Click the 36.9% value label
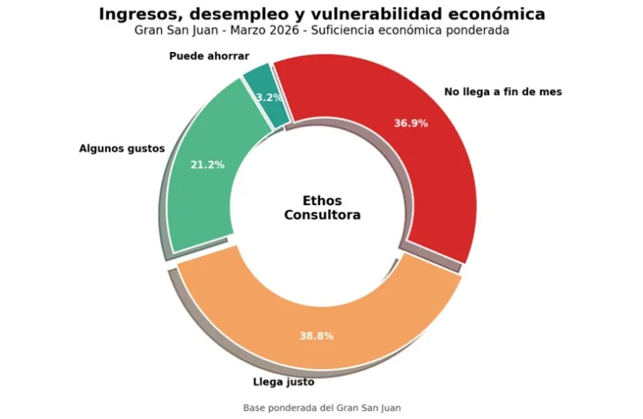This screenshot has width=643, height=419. pyautogui.click(x=410, y=124)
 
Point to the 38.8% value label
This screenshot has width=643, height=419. pyautogui.click(x=316, y=336)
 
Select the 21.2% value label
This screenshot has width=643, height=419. pyautogui.click(x=208, y=164)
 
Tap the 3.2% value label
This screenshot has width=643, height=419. pyautogui.click(x=269, y=98)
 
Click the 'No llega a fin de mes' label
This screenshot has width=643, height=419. pyautogui.click(x=502, y=92)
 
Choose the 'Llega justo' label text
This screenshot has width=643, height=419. pyautogui.click(x=283, y=382)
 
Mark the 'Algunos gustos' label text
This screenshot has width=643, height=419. pyautogui.click(x=122, y=149)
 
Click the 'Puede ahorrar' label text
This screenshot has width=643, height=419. pyautogui.click(x=209, y=56)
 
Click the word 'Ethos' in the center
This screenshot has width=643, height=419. pyautogui.click(x=322, y=200)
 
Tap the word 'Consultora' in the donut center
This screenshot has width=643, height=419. pyautogui.click(x=322, y=216)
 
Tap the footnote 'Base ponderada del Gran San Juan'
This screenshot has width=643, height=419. pyautogui.click(x=321, y=408)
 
